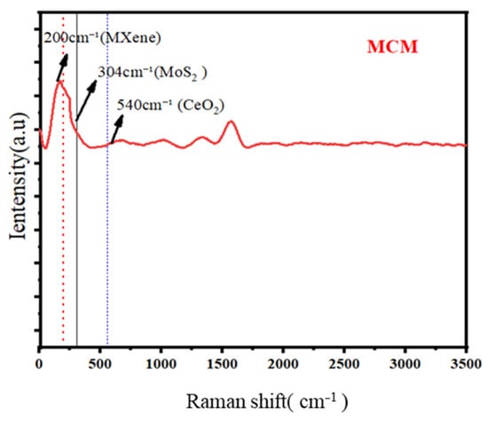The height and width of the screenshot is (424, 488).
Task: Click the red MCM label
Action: tap(392, 47)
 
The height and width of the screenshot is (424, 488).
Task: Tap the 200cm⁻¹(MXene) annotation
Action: tap(102, 38)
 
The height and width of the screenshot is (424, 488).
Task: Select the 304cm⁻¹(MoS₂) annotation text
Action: tap(153, 74)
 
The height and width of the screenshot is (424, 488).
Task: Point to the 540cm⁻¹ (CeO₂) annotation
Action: tap(170, 106)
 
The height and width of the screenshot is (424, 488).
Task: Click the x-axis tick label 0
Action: tap(39, 364)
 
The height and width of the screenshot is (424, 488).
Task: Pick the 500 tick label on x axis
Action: tap(100, 364)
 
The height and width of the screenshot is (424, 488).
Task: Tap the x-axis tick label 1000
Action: tap(161, 364)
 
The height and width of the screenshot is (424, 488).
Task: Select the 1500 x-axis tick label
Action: tap(222, 364)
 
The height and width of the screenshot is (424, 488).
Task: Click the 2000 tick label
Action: tap(283, 364)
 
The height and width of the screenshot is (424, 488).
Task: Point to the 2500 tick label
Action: tap(344, 364)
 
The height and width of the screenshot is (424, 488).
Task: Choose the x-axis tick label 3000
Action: tap(405, 364)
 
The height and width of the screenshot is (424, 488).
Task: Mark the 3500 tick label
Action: tap(466, 364)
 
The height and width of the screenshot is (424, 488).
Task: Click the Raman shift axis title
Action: tap(267, 402)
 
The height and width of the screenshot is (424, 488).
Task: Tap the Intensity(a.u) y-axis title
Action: tap(18, 176)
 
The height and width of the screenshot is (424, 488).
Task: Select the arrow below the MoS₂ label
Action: tap(87, 100)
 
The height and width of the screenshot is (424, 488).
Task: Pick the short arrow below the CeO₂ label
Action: tap(117, 130)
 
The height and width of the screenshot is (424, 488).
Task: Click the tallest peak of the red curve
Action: tap(59, 82)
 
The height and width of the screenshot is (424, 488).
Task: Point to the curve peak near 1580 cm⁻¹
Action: tap(231, 122)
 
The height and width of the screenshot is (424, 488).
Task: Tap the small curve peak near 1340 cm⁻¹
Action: tap(202, 137)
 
